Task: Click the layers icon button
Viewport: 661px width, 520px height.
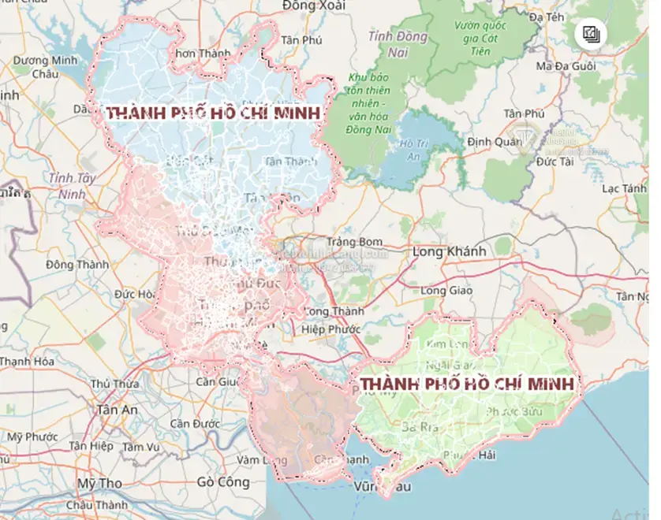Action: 591,33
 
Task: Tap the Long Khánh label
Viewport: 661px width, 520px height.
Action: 449,251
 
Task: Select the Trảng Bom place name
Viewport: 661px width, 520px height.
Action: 355,241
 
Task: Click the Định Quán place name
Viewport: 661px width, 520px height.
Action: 495,142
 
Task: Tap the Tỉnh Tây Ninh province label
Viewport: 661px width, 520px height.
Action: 71,184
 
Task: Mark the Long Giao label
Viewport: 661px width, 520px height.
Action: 446,291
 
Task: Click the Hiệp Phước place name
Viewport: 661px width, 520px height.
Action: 331,329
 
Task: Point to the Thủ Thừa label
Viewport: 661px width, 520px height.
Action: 114,384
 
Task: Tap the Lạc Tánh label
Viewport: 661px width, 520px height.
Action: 623,188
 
